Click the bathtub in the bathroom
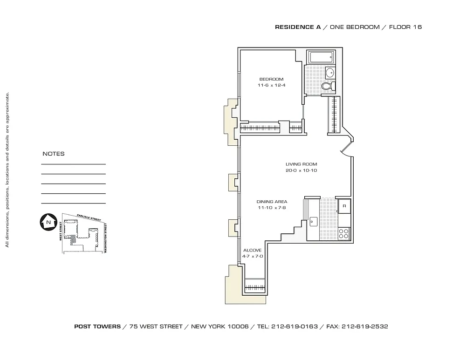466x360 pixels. point(321,57)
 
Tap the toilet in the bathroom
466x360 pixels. point(328,86)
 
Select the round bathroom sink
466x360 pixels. point(330,73)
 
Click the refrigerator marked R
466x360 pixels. point(344,206)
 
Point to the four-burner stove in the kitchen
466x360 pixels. point(344,233)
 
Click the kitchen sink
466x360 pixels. point(313,222)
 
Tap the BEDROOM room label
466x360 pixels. point(271,79)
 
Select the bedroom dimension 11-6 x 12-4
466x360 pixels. point(271,85)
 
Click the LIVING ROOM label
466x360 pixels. point(302,164)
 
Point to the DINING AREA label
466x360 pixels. point(272,202)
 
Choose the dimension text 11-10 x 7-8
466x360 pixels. point(272,208)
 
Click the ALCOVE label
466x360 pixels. point(252,250)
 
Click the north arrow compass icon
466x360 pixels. point(48,222)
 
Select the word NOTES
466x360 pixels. point(54,154)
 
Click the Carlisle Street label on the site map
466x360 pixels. point(89,217)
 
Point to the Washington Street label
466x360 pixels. point(105,238)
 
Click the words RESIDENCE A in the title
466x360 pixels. point(298,27)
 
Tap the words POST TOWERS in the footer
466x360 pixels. point(97,326)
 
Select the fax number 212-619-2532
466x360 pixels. point(365,326)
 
